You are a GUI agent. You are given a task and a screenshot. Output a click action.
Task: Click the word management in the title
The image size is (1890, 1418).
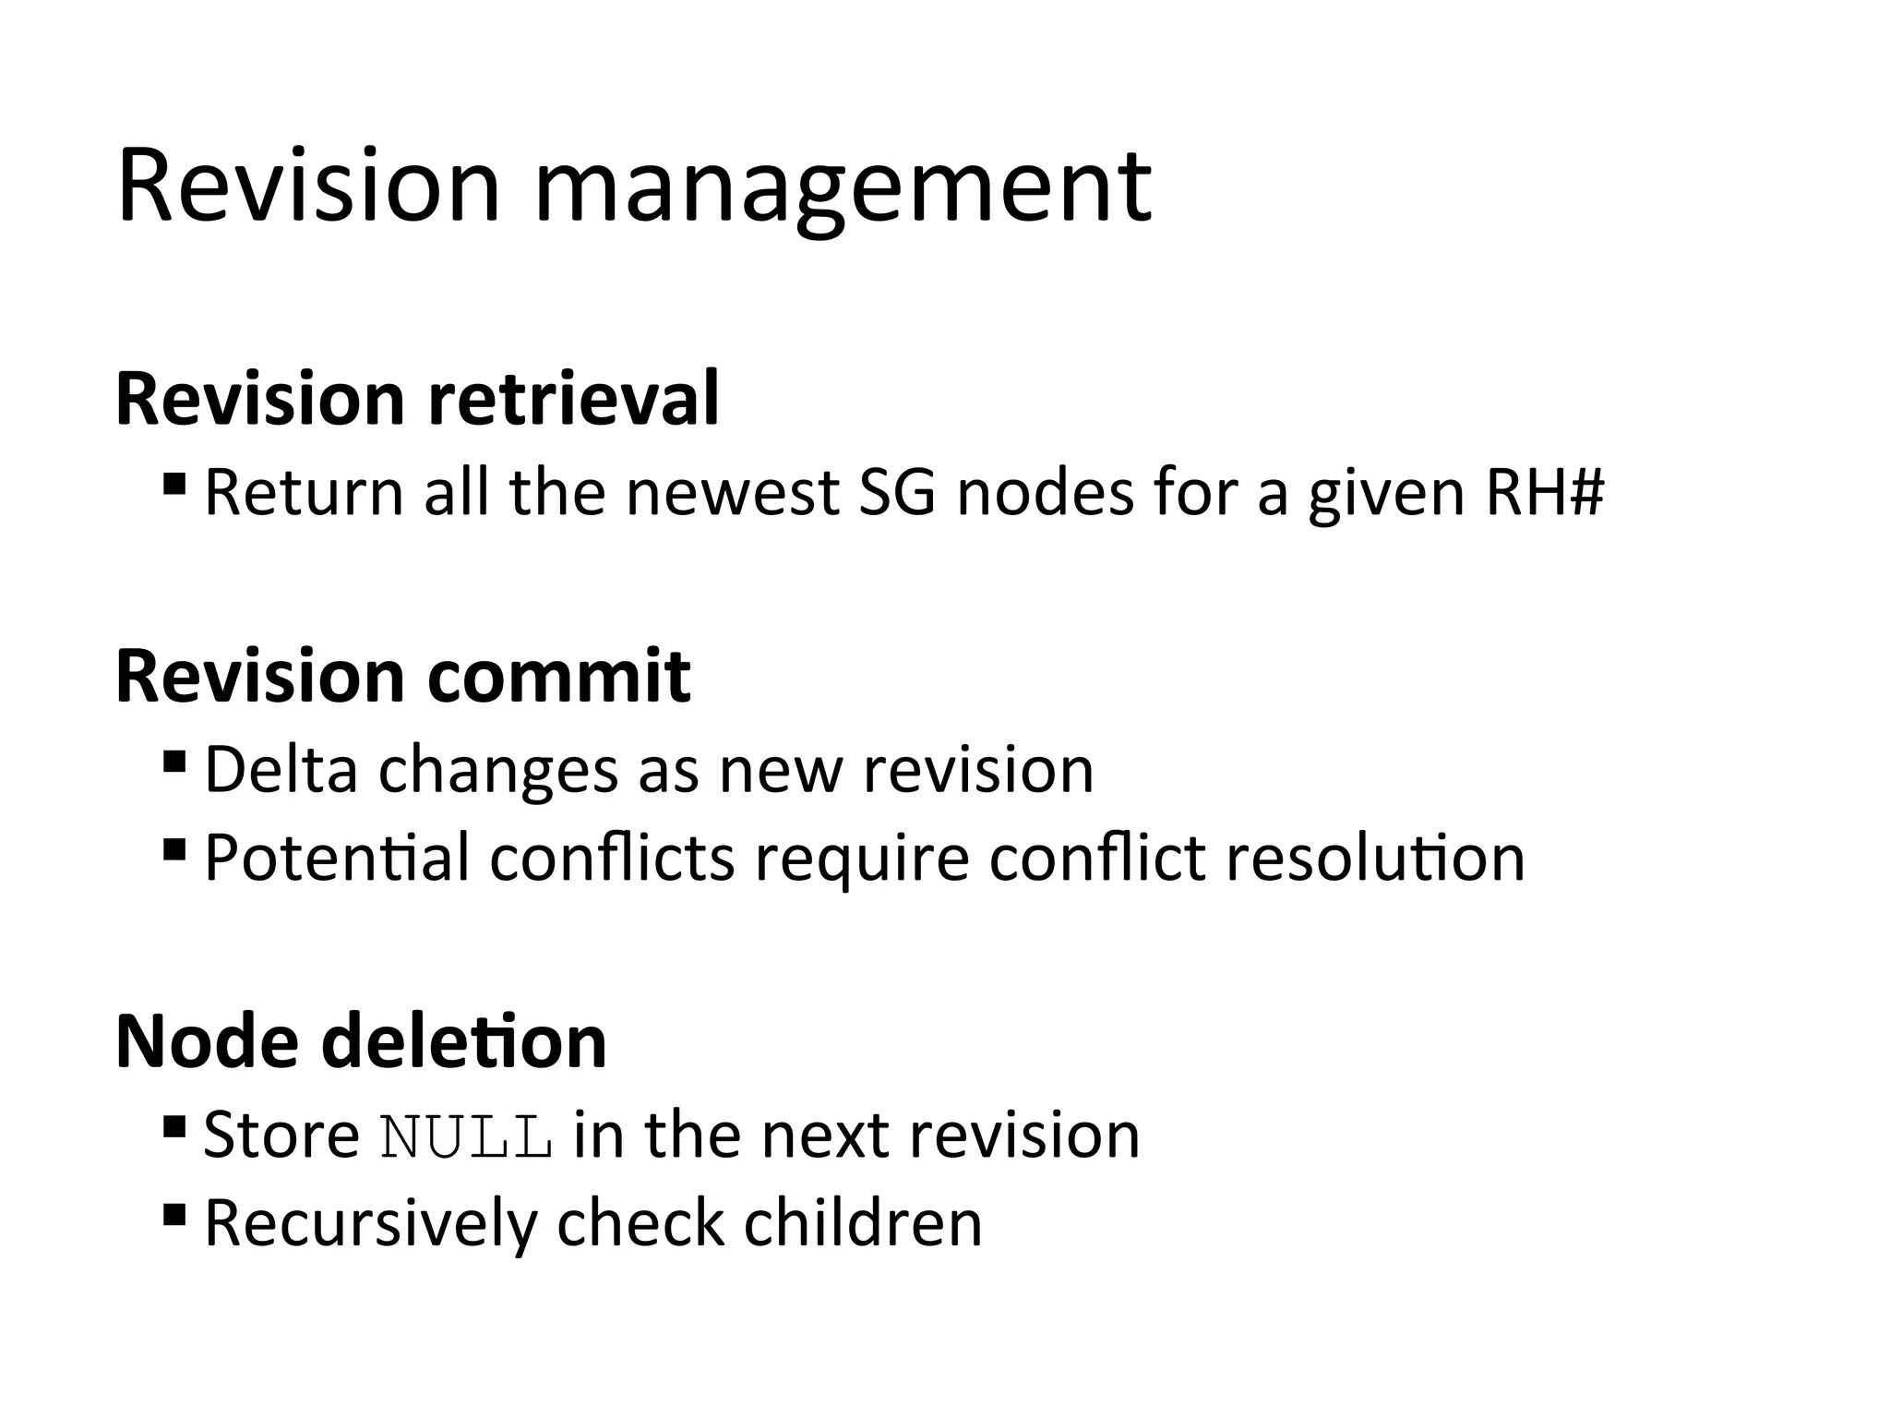coord(842,189)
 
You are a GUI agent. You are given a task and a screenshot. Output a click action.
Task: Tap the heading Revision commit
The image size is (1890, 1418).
coord(403,676)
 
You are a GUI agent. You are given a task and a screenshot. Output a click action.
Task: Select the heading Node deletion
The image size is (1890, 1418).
coord(361,1040)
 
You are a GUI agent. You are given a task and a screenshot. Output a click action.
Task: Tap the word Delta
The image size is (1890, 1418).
coord(281,768)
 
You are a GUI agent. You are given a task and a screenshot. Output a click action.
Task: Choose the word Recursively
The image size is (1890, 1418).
coord(370,1223)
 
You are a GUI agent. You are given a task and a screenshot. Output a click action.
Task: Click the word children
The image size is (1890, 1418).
coord(863,1223)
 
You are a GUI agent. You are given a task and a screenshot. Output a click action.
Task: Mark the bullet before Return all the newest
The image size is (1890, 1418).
coord(173,484)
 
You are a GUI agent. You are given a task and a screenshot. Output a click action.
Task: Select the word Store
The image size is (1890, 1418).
coord(281,1135)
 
